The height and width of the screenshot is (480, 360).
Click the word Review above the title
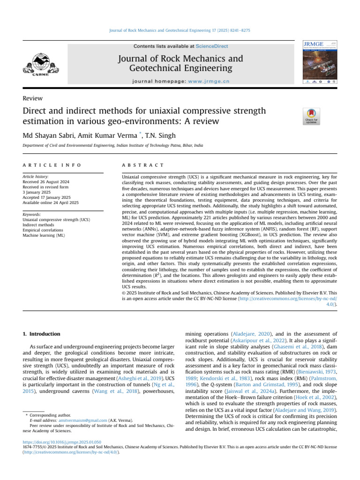(x=32, y=98)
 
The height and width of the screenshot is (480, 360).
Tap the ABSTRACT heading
(x=136, y=165)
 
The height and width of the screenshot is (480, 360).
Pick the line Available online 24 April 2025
(x=51, y=203)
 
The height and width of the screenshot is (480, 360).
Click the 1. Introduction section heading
(x=42, y=334)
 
